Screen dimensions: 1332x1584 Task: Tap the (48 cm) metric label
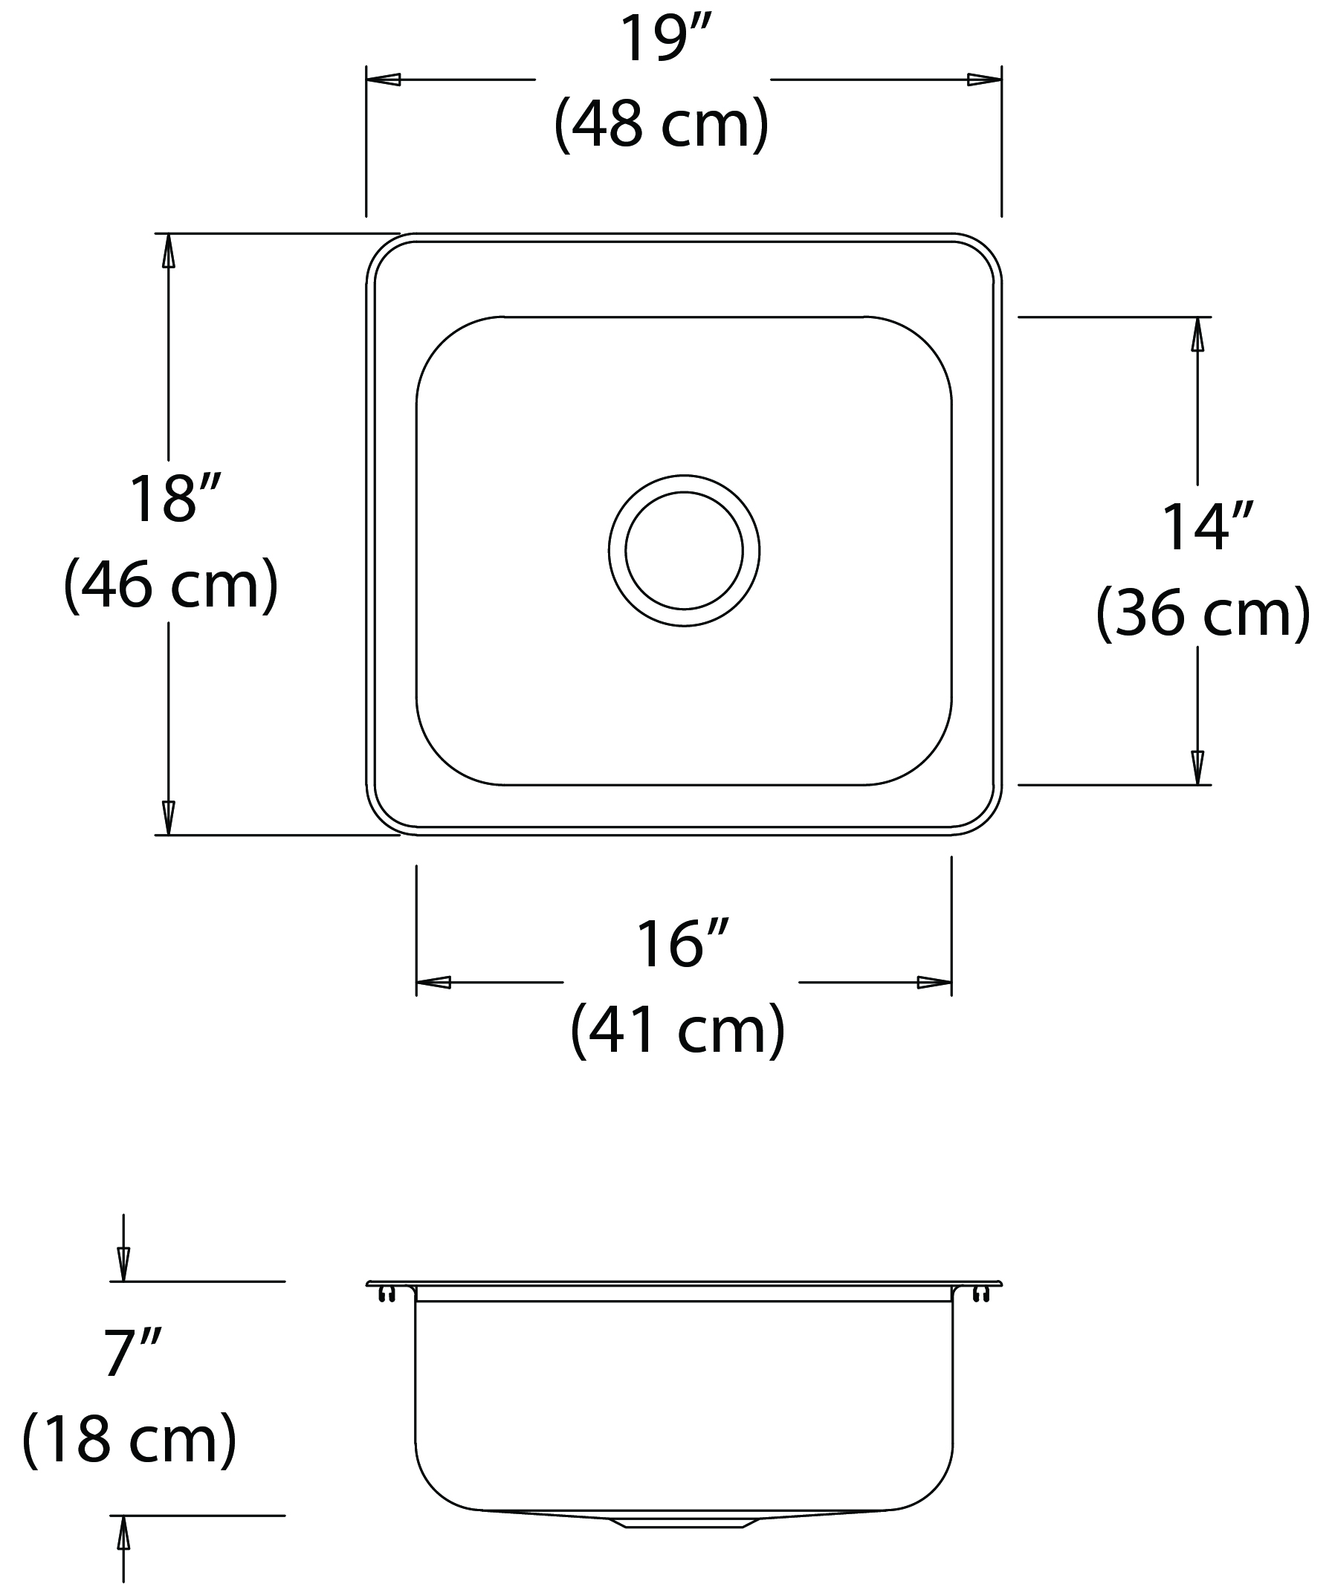pyautogui.click(x=662, y=123)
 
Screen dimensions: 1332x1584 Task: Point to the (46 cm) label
pyautogui.click(x=172, y=584)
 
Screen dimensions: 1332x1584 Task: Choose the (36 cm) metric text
pyautogui.click(x=1203, y=613)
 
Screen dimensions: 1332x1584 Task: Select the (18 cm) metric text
pyautogui.click(x=130, y=1439)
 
